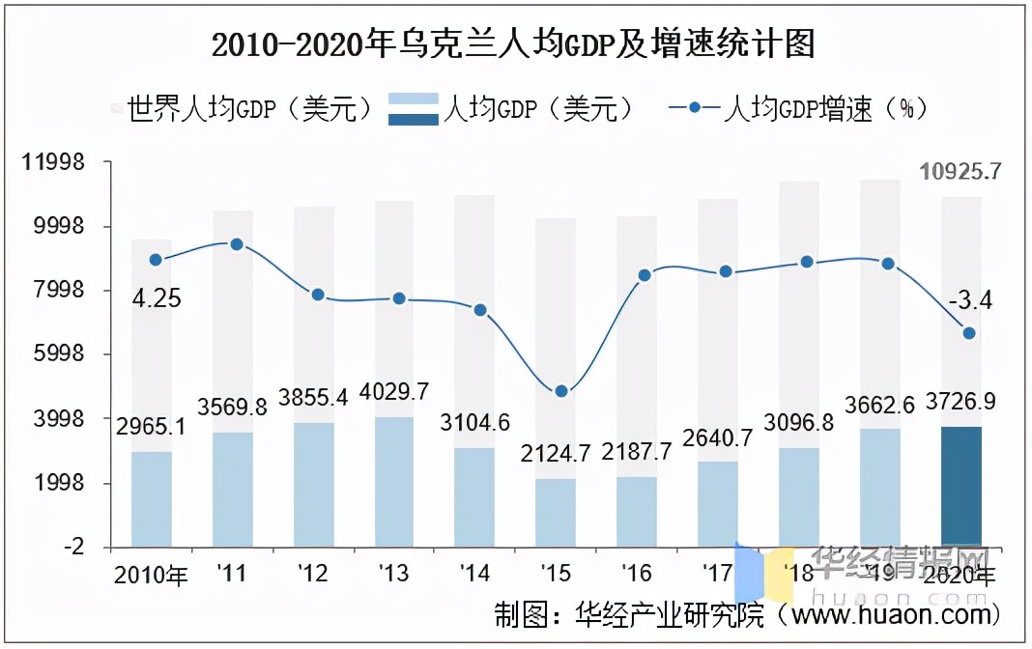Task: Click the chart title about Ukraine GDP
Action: [513, 44]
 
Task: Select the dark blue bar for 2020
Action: [960, 486]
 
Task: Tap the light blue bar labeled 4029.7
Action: [393, 481]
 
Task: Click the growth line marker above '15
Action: [561, 391]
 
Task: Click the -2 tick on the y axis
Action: [72, 548]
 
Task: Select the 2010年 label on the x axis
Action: [151, 576]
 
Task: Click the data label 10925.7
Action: [960, 172]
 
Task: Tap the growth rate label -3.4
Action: [969, 301]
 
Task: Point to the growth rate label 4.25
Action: [157, 298]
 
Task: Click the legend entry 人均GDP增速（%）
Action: [798, 108]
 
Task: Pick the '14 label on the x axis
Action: [474, 575]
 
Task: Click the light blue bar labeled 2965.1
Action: [152, 499]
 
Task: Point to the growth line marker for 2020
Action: [969, 333]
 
